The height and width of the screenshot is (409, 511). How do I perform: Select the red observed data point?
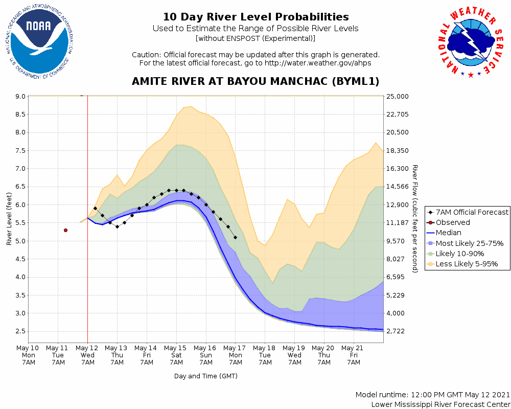(x=65, y=231)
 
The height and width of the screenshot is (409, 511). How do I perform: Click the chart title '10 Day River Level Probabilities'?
(x=255, y=17)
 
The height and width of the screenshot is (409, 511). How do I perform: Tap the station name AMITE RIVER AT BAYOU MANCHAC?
(x=255, y=82)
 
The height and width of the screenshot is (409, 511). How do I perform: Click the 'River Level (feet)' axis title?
(x=9, y=218)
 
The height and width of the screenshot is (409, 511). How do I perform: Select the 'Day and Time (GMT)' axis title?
(x=205, y=376)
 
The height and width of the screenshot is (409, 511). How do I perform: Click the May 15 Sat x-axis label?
(x=176, y=355)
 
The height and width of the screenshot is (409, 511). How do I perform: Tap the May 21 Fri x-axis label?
(x=354, y=355)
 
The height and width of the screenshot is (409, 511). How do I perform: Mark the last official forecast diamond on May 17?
(x=235, y=237)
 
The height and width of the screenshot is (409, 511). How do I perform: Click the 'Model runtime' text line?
(x=432, y=395)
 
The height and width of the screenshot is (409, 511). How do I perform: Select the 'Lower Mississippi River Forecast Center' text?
(x=440, y=404)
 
